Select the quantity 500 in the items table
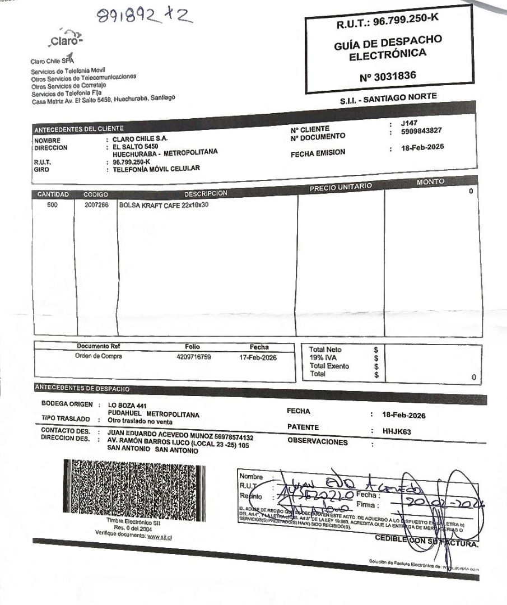[x=53, y=205]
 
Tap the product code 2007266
[x=96, y=205]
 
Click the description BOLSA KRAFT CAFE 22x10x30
[x=164, y=205]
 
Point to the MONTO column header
[x=431, y=182]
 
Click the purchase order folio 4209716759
[x=193, y=356]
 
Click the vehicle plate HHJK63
[x=397, y=432]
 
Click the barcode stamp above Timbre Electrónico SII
[x=134, y=488]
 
